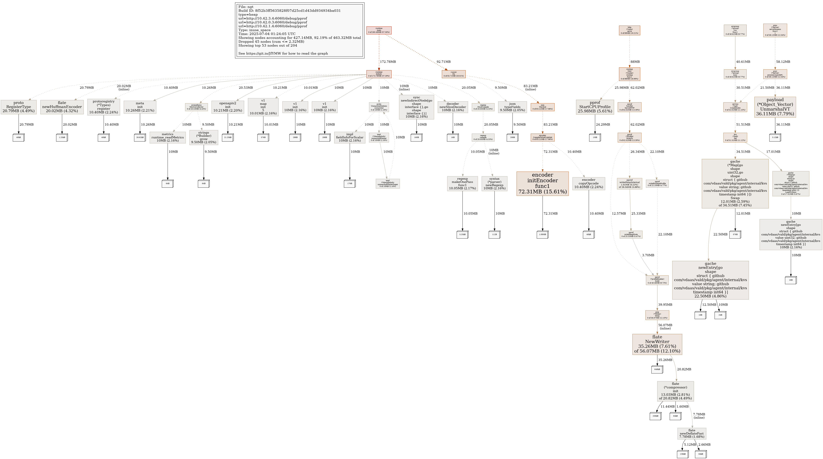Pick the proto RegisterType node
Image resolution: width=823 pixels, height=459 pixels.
19,107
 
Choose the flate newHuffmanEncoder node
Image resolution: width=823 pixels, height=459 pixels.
62,107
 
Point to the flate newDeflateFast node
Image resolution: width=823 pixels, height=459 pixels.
692,433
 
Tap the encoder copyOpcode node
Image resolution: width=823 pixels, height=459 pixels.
589,184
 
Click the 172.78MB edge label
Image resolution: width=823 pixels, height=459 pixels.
388,62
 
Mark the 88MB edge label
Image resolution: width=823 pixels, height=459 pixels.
635,62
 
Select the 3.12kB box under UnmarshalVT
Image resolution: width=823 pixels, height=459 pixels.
775,138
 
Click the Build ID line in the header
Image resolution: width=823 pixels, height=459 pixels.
289,10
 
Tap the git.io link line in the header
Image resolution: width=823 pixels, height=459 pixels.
283,53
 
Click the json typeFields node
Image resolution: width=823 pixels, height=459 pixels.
512,107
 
